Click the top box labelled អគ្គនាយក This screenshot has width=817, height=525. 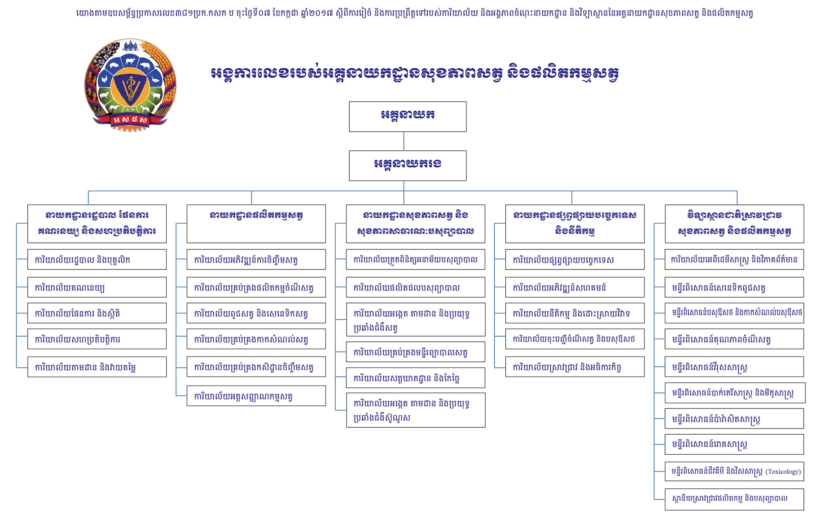point(407,117)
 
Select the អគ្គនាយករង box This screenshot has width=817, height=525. point(407,166)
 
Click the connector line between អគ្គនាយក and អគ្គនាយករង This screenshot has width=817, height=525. point(404,141)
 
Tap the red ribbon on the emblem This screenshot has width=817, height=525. point(130,120)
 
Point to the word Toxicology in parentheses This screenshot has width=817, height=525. point(783,471)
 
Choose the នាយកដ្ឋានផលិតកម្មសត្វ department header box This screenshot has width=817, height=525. point(256,223)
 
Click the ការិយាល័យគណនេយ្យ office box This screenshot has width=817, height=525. point(97,287)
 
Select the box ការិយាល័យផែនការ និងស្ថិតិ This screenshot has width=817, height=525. point(97,313)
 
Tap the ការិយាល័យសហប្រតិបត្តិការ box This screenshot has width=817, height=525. point(97,339)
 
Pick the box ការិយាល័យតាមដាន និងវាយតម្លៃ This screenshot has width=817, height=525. point(97,367)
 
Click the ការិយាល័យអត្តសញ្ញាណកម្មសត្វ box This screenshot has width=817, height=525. point(256,396)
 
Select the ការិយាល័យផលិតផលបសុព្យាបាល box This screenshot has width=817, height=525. point(415,287)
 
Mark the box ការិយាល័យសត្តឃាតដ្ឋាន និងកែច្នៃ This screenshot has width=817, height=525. point(415,378)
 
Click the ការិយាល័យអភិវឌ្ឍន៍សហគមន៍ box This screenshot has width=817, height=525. point(575,287)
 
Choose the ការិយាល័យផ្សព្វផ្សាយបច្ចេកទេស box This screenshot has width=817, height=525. point(575,260)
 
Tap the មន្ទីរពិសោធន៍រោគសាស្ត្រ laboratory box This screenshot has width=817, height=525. point(734,444)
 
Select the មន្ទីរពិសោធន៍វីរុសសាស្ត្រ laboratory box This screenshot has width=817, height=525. point(734,367)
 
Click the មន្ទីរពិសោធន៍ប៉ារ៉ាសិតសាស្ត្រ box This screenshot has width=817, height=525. point(734,419)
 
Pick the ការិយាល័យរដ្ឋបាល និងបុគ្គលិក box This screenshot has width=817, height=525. point(97,260)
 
